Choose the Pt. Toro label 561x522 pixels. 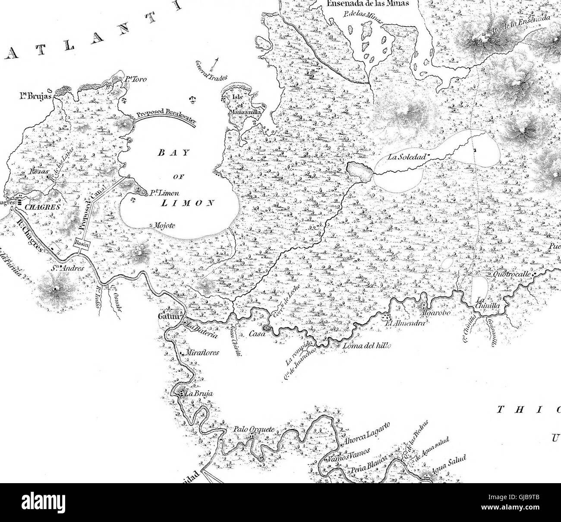pyautogui.click(x=131, y=79)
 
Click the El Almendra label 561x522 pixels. pyautogui.click(x=408, y=323)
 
